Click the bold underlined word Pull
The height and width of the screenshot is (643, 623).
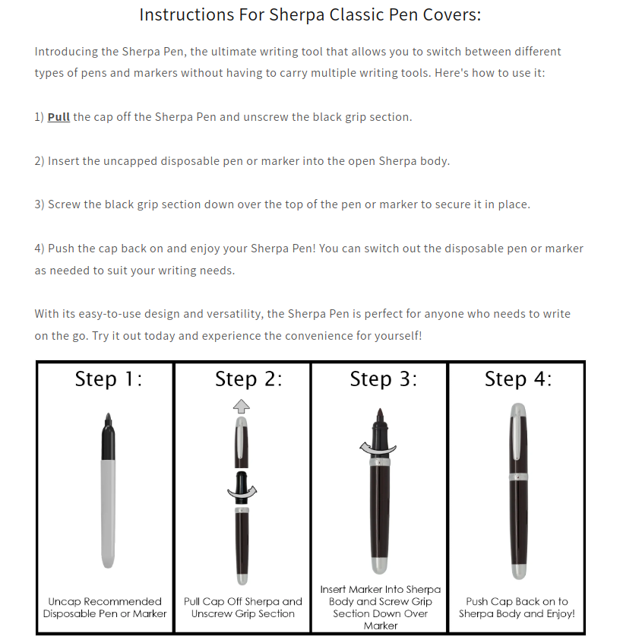[59, 117]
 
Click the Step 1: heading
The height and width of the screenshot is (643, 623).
[108, 379]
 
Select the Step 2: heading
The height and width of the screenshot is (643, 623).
[248, 379]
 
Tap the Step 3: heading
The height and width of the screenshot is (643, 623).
[383, 379]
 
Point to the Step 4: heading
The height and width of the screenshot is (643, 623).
[518, 379]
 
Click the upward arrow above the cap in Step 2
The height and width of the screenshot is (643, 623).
[242, 405]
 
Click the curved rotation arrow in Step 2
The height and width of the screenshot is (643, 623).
[242, 493]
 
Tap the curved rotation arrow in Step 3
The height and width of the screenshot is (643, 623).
[378, 449]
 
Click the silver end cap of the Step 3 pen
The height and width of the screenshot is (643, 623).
[379, 565]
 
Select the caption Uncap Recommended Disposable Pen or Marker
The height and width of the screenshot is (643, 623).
[105, 607]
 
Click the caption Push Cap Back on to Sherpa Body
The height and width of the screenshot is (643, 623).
[517, 607]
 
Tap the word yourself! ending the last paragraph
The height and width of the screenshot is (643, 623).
[395, 335]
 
